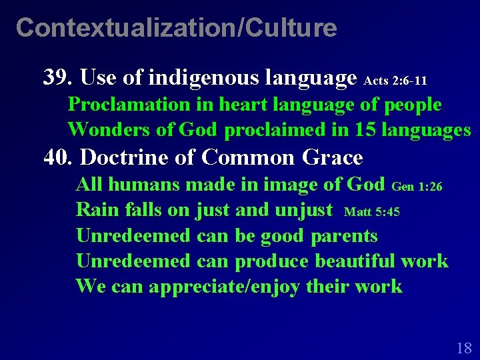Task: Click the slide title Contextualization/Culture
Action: [x=176, y=28]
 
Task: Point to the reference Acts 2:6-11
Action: [x=395, y=81]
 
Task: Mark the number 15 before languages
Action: [x=363, y=129]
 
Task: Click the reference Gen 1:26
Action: [x=417, y=187]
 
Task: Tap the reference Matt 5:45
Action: [x=371, y=213]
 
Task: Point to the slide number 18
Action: [x=464, y=347]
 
